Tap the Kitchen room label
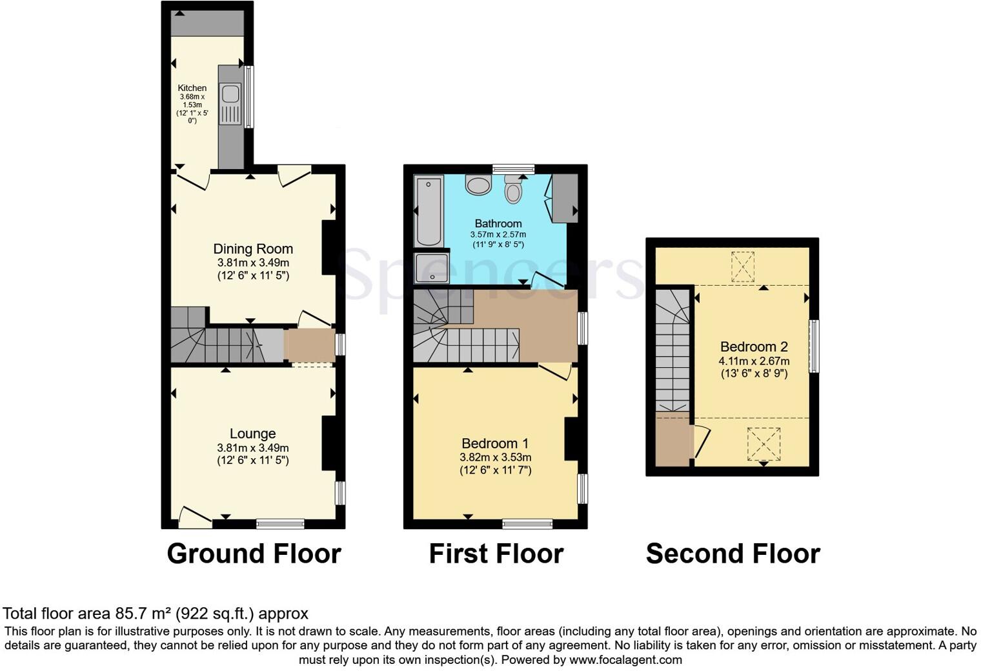[x=192, y=88]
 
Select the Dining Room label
[x=253, y=249]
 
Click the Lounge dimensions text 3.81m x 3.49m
[x=253, y=448]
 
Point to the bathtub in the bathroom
[x=428, y=212]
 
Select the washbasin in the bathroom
[x=479, y=186]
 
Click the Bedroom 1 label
[x=495, y=443]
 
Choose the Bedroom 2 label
[x=754, y=346]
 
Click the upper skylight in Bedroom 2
[x=743, y=266]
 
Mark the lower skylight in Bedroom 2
[x=764, y=444]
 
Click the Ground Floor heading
[x=254, y=554]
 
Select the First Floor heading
[x=496, y=554]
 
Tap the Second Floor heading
[x=733, y=554]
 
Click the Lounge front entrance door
[x=194, y=516]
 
